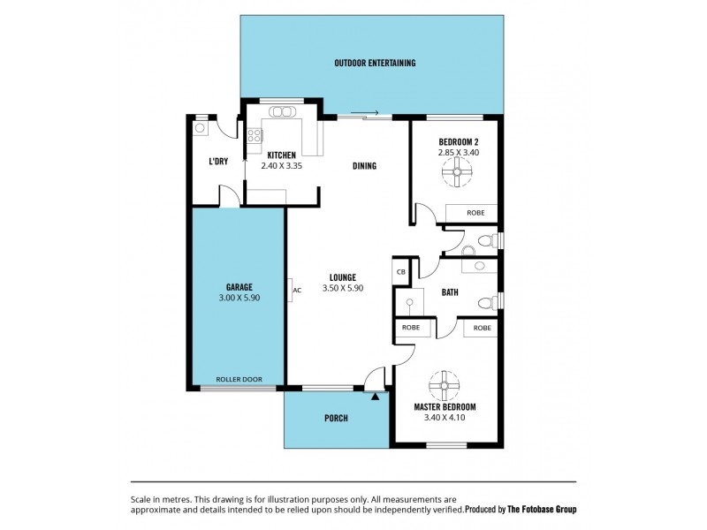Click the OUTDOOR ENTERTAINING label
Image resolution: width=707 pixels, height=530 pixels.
click(x=375, y=63)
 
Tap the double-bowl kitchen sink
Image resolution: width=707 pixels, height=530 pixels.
click(x=283, y=112)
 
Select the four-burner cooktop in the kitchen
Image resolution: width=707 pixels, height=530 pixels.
click(x=255, y=136)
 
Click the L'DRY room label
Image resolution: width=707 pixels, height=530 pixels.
click(x=217, y=162)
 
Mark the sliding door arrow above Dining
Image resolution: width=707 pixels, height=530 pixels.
click(x=364, y=113)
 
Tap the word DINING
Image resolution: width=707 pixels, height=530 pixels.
click(x=364, y=165)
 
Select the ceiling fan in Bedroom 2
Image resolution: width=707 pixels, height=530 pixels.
click(x=457, y=174)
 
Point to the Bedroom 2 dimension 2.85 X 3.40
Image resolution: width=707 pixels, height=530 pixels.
click(x=458, y=152)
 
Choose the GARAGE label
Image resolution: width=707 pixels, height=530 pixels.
click(x=239, y=287)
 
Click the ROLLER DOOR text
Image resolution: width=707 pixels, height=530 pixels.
click(x=238, y=380)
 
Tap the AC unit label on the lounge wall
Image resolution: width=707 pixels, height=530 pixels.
click(x=296, y=290)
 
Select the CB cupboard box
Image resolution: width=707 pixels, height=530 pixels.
click(x=400, y=272)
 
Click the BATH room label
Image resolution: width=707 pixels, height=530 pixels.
click(x=449, y=292)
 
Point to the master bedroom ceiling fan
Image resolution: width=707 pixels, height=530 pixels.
click(x=445, y=385)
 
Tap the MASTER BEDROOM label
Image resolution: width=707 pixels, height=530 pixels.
click(x=445, y=407)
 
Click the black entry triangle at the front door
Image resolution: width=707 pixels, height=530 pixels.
click(x=376, y=396)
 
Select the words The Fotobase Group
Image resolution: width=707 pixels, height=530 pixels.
click(x=543, y=510)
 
